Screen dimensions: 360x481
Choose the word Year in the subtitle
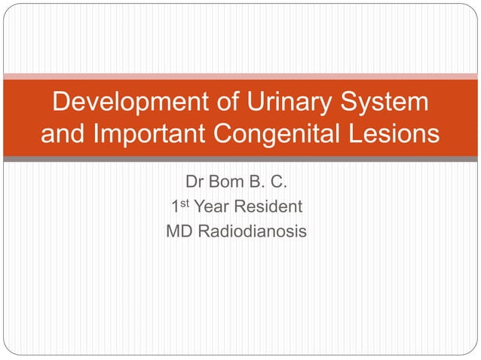[213, 207]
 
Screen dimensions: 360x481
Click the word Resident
[269, 207]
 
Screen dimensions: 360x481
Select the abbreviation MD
[179, 231]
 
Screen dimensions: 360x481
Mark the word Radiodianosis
[253, 231]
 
